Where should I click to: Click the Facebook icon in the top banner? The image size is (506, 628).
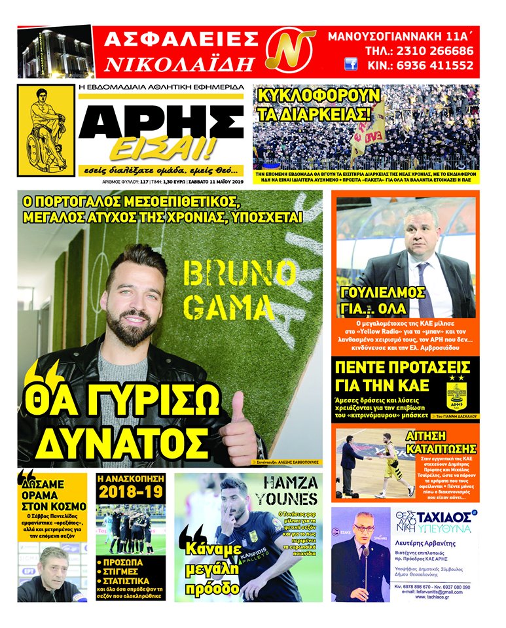coord(351,65)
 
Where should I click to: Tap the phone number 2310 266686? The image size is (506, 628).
coord(426,51)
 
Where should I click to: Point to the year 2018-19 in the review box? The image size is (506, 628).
coord(130,491)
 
